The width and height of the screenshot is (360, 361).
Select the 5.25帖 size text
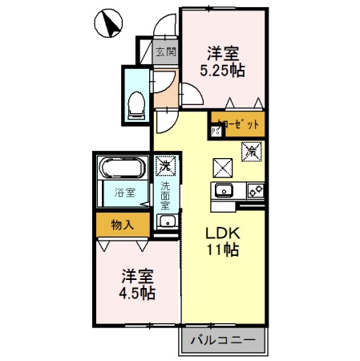tap(222, 71)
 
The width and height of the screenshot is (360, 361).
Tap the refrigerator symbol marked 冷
tap(250, 150)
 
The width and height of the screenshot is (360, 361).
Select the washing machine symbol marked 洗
tap(164, 166)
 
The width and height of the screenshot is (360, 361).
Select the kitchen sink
tap(223, 191)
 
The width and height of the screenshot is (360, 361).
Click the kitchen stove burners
tap(256, 191)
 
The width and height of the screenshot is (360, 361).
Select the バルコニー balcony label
tap(222, 341)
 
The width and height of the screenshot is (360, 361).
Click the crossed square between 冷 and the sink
tap(222, 168)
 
